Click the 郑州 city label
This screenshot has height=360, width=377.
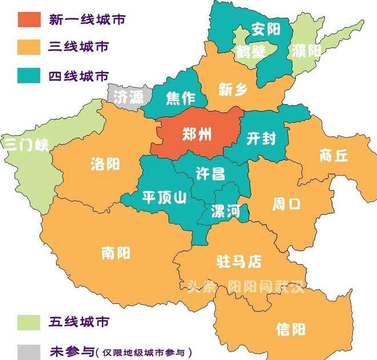point(196,135)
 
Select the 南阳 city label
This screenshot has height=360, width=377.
point(116,252)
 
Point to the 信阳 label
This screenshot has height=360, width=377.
point(290,329)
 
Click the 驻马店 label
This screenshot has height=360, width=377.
point(238,262)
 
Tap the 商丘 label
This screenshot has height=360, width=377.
point(334,155)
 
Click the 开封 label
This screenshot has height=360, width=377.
point(262,139)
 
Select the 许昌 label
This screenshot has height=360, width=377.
point(210,174)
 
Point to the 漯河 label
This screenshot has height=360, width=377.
point(225,211)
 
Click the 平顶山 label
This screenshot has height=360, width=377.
point(165,198)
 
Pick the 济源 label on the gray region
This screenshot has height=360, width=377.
point(129,97)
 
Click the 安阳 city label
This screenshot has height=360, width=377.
point(266,29)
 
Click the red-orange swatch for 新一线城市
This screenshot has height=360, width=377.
point(29,19)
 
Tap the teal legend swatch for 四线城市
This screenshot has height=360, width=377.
point(29,74)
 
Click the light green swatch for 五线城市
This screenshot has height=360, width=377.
point(29,321)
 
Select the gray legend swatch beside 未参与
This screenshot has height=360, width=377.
point(29,350)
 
